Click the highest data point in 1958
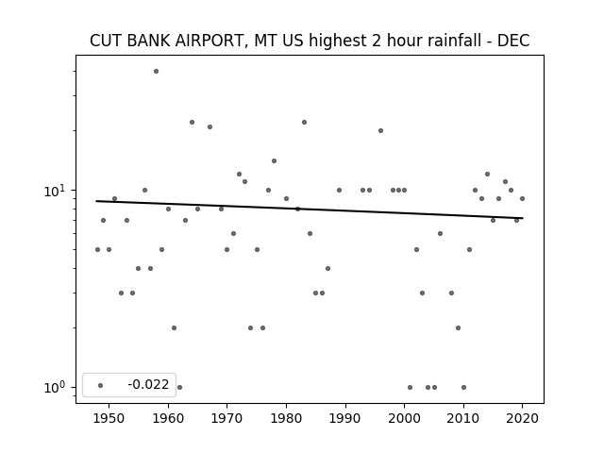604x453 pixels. (x=156, y=72)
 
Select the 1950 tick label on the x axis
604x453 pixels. (x=109, y=418)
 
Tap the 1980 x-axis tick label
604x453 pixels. (x=286, y=418)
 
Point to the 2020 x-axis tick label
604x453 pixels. (x=522, y=418)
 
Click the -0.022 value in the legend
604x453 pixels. (x=148, y=384)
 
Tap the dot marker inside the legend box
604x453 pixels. (x=101, y=385)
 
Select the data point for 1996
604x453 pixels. (x=380, y=130)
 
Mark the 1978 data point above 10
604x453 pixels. (x=274, y=161)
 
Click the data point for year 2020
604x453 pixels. (x=522, y=199)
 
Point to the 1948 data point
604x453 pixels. (x=97, y=249)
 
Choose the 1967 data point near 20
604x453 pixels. (x=210, y=126)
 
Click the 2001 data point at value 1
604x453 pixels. (x=410, y=388)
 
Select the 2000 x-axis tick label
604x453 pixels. (x=404, y=418)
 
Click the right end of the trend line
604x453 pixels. (x=523, y=218)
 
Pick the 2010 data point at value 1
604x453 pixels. (x=463, y=388)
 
